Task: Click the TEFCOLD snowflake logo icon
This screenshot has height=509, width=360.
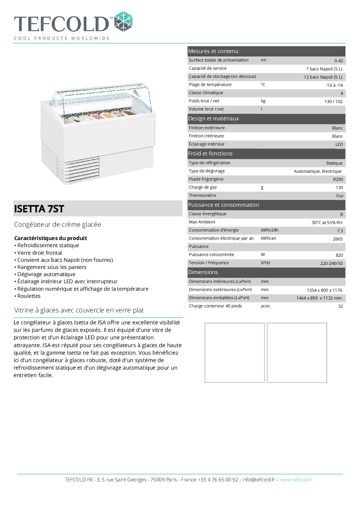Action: click(x=123, y=22)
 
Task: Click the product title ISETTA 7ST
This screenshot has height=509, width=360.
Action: click(x=39, y=209)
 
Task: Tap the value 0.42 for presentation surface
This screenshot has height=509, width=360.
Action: click(x=338, y=61)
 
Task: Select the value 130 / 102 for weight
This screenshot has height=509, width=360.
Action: click(x=333, y=102)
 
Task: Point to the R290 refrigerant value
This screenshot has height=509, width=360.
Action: click(x=338, y=180)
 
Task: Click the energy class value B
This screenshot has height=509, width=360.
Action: click(x=341, y=215)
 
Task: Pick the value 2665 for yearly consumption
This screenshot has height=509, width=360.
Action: click(x=338, y=239)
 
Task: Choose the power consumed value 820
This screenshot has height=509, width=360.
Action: click(x=339, y=255)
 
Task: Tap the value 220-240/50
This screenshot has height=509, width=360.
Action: click(x=331, y=264)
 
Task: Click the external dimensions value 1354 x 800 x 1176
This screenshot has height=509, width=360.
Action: click(x=324, y=290)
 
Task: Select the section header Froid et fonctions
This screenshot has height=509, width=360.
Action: click(x=210, y=154)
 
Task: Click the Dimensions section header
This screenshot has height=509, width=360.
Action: click(x=203, y=272)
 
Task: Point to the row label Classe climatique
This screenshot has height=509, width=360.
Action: click(x=206, y=93)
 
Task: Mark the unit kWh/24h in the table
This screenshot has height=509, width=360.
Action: click(x=269, y=230)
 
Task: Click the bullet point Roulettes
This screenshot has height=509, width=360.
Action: click(x=29, y=296)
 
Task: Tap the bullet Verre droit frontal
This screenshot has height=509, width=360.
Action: click(x=39, y=253)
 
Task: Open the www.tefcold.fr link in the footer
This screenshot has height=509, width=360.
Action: click(x=296, y=480)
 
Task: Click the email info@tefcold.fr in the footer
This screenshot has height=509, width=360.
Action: click(x=259, y=480)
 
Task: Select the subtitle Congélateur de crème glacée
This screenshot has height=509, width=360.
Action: click(x=58, y=224)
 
